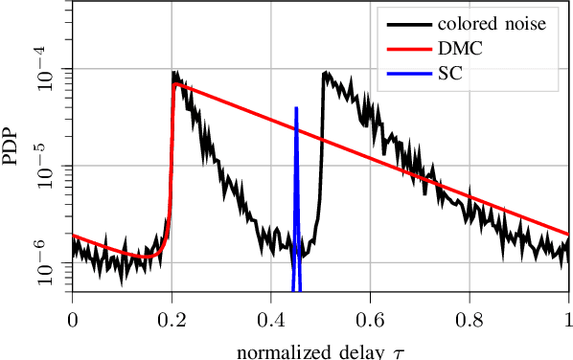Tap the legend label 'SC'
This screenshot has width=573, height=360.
pyautogui.click(x=452, y=74)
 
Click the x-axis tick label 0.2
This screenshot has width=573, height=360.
pyautogui.click(x=172, y=315)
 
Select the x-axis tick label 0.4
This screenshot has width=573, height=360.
pyautogui.click(x=271, y=315)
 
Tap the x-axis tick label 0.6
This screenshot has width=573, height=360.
pyautogui.click(x=371, y=315)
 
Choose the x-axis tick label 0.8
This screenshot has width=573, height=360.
pyautogui.click(x=470, y=315)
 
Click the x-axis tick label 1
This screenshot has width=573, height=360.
pyautogui.click(x=569, y=315)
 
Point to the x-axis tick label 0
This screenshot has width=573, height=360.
pyautogui.click(x=72, y=315)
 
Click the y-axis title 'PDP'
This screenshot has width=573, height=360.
pyautogui.click(x=11, y=146)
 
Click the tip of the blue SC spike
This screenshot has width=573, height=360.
pyautogui.click(x=296, y=108)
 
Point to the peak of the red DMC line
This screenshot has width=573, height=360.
pyautogui.click(x=174, y=83)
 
